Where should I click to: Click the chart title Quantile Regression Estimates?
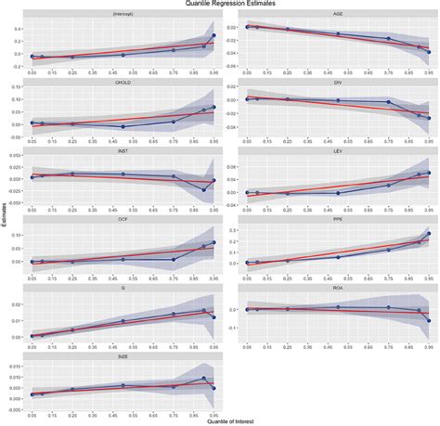pos(220,5)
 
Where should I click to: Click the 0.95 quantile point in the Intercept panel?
pos(214,36)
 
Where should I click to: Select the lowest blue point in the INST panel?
pos(204,190)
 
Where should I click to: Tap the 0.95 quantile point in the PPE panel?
pos(428,234)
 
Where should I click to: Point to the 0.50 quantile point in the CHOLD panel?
pos(123,126)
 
